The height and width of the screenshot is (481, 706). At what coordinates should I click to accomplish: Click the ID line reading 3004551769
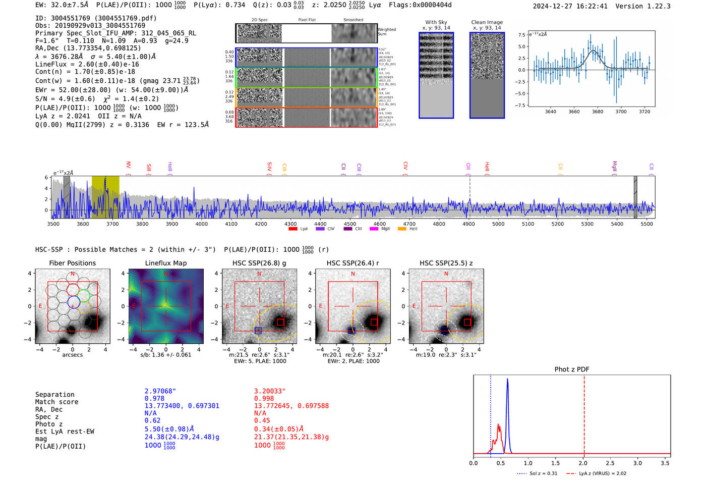[96, 18]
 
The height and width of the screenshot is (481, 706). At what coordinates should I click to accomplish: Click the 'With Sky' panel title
[436, 22]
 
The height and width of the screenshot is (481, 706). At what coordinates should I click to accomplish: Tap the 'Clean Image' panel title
[487, 22]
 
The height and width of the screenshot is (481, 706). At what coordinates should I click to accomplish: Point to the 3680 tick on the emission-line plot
[598, 112]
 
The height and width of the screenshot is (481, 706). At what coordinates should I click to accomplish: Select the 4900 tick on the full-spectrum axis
[468, 224]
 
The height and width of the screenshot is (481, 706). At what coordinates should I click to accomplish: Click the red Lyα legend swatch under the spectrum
[292, 229]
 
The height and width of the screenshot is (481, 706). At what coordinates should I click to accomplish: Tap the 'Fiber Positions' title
[72, 263]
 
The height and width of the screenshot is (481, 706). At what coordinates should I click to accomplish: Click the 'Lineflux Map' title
[165, 263]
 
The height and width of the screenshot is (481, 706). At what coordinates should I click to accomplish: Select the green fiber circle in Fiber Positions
[84, 296]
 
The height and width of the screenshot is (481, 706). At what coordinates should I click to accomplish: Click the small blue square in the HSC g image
[258, 331]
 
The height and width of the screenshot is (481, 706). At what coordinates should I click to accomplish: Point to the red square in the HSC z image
[467, 322]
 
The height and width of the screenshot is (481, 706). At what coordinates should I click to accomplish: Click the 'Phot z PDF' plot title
[571, 369]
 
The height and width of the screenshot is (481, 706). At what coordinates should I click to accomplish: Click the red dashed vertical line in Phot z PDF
[584, 414]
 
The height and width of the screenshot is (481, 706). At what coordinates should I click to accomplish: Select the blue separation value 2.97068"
[160, 391]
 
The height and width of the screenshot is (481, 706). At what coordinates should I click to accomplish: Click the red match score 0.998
[264, 398]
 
